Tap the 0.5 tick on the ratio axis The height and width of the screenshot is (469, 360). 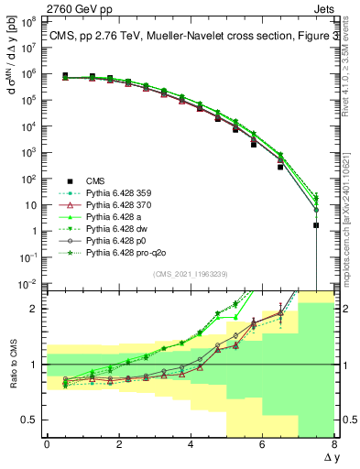coord(31,420)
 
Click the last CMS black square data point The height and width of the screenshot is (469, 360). coord(316,224)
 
